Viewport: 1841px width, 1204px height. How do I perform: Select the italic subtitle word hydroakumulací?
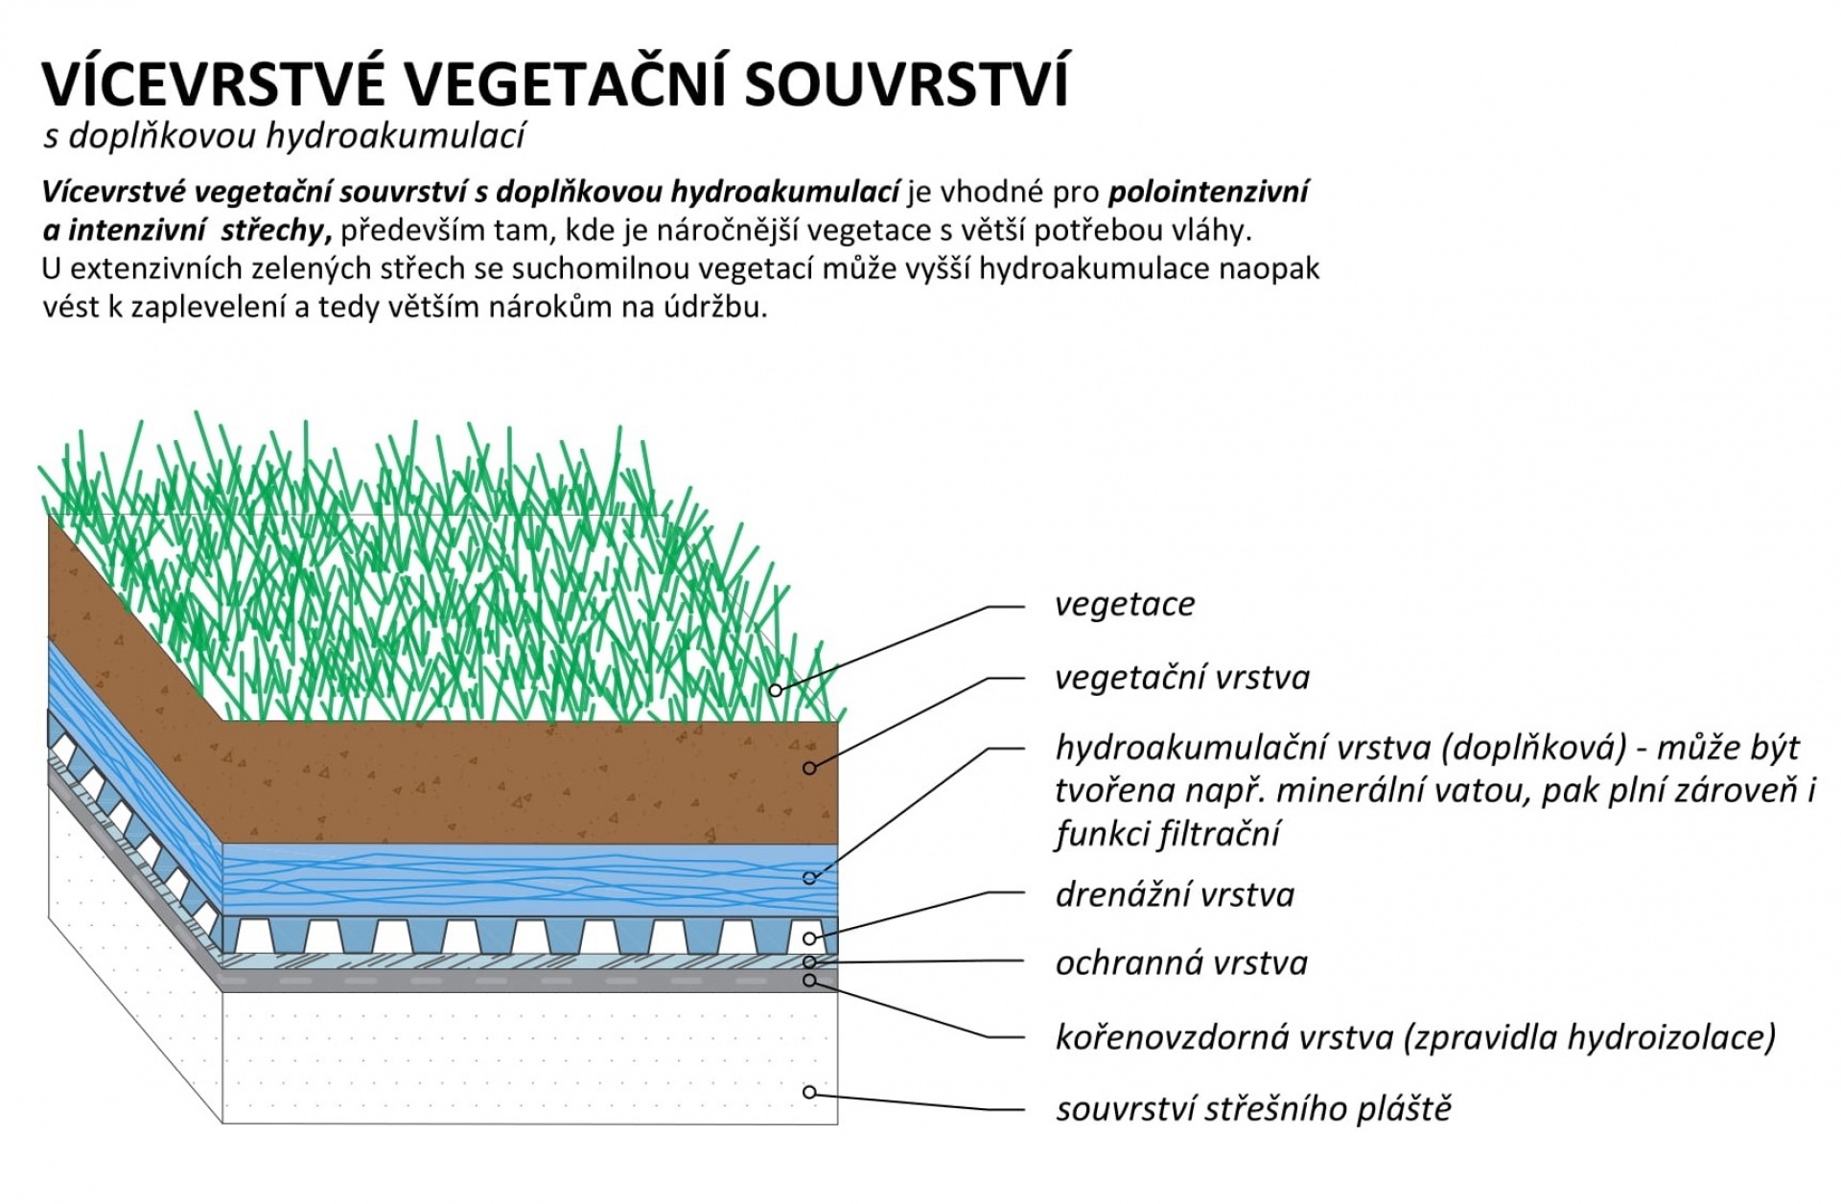click(395, 136)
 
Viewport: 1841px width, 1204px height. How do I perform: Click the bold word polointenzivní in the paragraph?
click(1208, 193)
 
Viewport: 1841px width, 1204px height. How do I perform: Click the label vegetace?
click(1125, 605)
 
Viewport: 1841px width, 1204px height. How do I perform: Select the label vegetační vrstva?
click(1182, 678)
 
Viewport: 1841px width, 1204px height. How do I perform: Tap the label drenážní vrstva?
click(1175, 895)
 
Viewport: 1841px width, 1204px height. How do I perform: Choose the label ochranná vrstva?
click(1181, 963)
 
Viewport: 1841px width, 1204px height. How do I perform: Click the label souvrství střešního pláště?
click(1254, 1109)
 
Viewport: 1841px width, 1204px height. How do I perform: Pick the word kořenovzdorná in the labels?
click(1159, 1037)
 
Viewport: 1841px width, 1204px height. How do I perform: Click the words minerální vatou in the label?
click(1368, 791)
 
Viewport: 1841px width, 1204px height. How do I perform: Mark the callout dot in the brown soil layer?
click(809, 768)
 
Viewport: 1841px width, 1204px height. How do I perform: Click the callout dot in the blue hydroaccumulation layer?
click(809, 878)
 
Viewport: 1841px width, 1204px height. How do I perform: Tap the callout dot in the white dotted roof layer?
click(809, 1093)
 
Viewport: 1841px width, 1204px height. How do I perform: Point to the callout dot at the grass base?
click(775, 690)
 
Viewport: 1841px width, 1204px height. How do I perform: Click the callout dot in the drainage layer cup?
click(809, 938)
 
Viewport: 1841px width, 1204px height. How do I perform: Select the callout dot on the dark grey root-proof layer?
click(809, 981)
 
